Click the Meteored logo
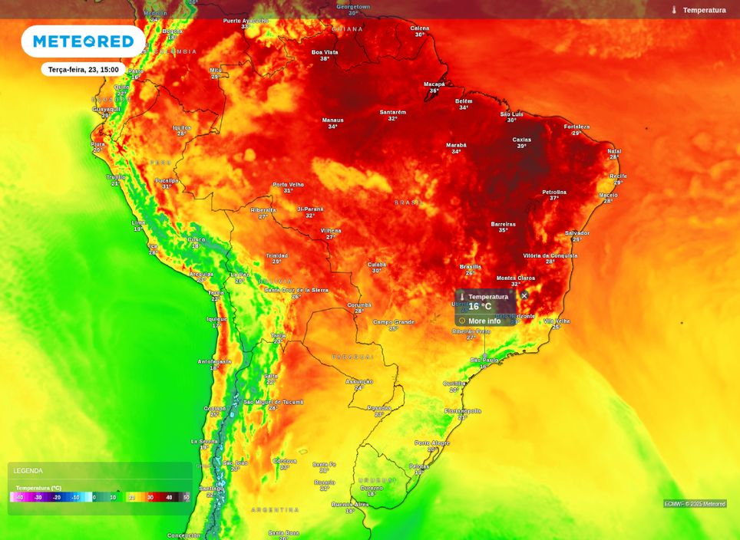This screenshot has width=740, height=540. [83, 41]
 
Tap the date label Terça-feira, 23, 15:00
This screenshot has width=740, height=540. [83, 69]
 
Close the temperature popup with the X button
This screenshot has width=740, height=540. [524, 295]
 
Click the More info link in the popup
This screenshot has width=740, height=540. [484, 321]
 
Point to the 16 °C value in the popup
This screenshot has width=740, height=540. [480, 307]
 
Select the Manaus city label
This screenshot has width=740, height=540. [332, 120]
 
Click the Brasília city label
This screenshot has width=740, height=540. [470, 266]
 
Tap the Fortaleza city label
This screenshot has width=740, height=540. [576, 127]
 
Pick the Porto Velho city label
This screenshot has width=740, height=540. [288, 185]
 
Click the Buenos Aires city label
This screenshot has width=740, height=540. [350, 504]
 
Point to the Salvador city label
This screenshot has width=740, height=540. [576, 233]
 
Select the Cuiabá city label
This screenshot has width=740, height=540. [376, 264]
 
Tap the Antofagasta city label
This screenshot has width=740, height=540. [214, 361]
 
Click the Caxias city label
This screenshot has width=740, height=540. [522, 140]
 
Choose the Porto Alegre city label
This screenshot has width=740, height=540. [432, 443]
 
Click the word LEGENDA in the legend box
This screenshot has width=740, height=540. [28, 471]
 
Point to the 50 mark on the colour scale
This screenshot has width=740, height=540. [186, 497]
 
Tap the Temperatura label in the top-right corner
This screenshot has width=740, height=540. [704, 10]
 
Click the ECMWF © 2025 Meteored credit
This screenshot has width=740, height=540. [695, 504]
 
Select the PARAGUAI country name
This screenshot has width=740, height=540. [353, 357]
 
